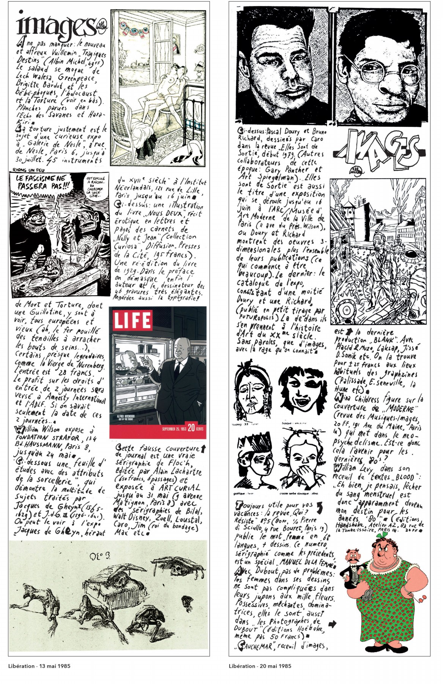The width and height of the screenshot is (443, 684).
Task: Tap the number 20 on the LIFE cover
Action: pyautogui.click(x=191, y=427)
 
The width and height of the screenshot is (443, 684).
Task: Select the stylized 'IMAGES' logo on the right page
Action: pyautogui.click(x=378, y=151)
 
